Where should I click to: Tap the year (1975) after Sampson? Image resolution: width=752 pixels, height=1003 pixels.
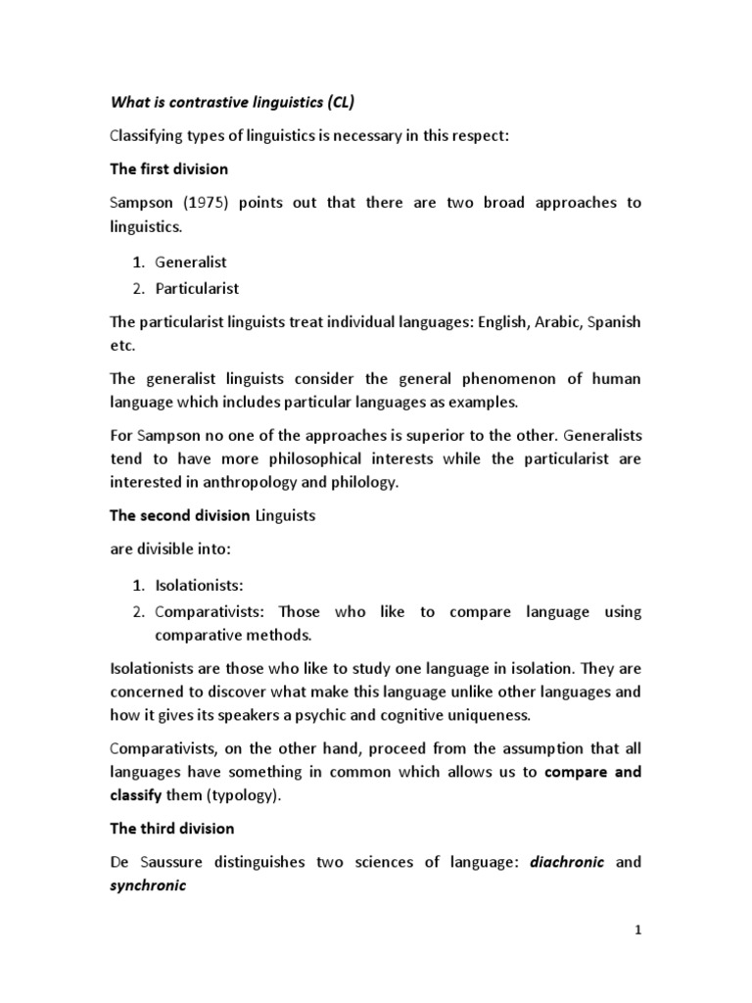[x=203, y=203]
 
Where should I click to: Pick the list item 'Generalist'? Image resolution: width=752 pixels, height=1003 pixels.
[x=191, y=262]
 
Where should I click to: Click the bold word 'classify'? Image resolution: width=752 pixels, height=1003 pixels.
[x=138, y=794]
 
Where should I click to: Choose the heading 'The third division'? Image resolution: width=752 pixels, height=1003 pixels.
[x=171, y=828]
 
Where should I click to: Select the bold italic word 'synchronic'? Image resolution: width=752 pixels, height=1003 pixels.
[x=146, y=885]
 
